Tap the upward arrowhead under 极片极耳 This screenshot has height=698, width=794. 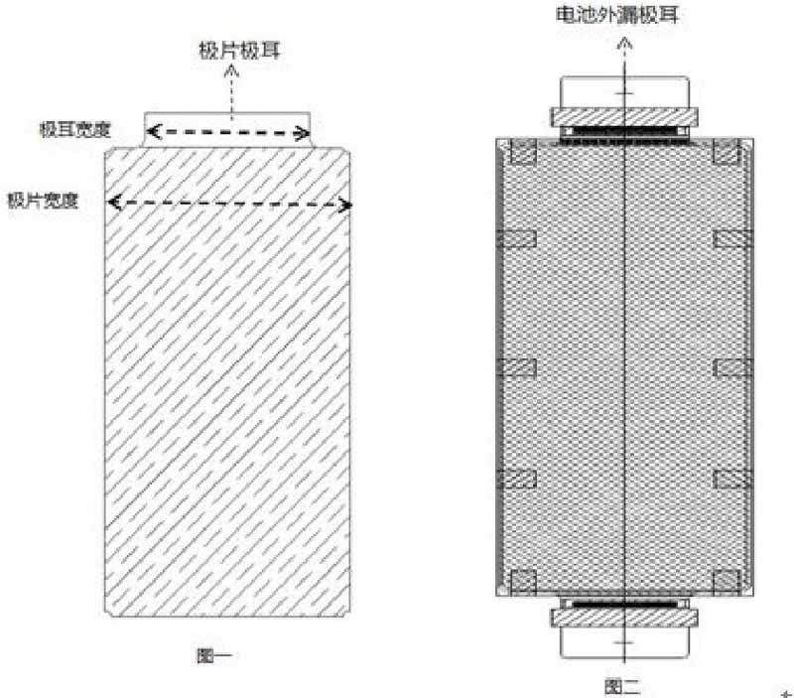(x=232, y=71)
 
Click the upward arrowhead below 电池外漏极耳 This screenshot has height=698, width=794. (x=623, y=43)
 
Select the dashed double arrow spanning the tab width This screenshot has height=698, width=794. (x=228, y=129)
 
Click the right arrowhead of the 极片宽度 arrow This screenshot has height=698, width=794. (x=346, y=205)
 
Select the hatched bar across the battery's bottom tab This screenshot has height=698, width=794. (x=623, y=617)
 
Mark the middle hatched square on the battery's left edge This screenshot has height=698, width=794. (x=517, y=367)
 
